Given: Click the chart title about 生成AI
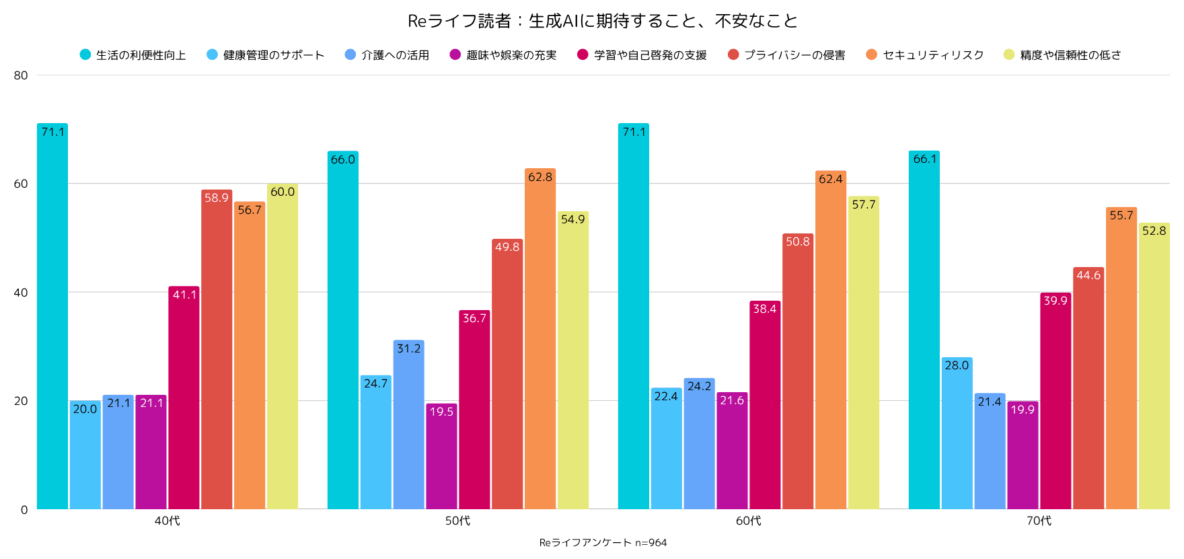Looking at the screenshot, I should click(602, 21).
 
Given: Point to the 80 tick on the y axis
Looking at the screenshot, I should click(21, 75).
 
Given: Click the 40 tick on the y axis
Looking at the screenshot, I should click(21, 293).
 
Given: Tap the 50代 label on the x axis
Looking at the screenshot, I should click(457, 521).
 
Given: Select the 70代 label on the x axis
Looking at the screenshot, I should click(1039, 521).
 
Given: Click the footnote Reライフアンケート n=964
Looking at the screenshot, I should click(603, 543).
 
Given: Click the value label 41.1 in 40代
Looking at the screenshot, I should click(184, 295).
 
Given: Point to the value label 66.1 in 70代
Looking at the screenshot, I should click(924, 159).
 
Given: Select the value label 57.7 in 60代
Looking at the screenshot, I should click(864, 204).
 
